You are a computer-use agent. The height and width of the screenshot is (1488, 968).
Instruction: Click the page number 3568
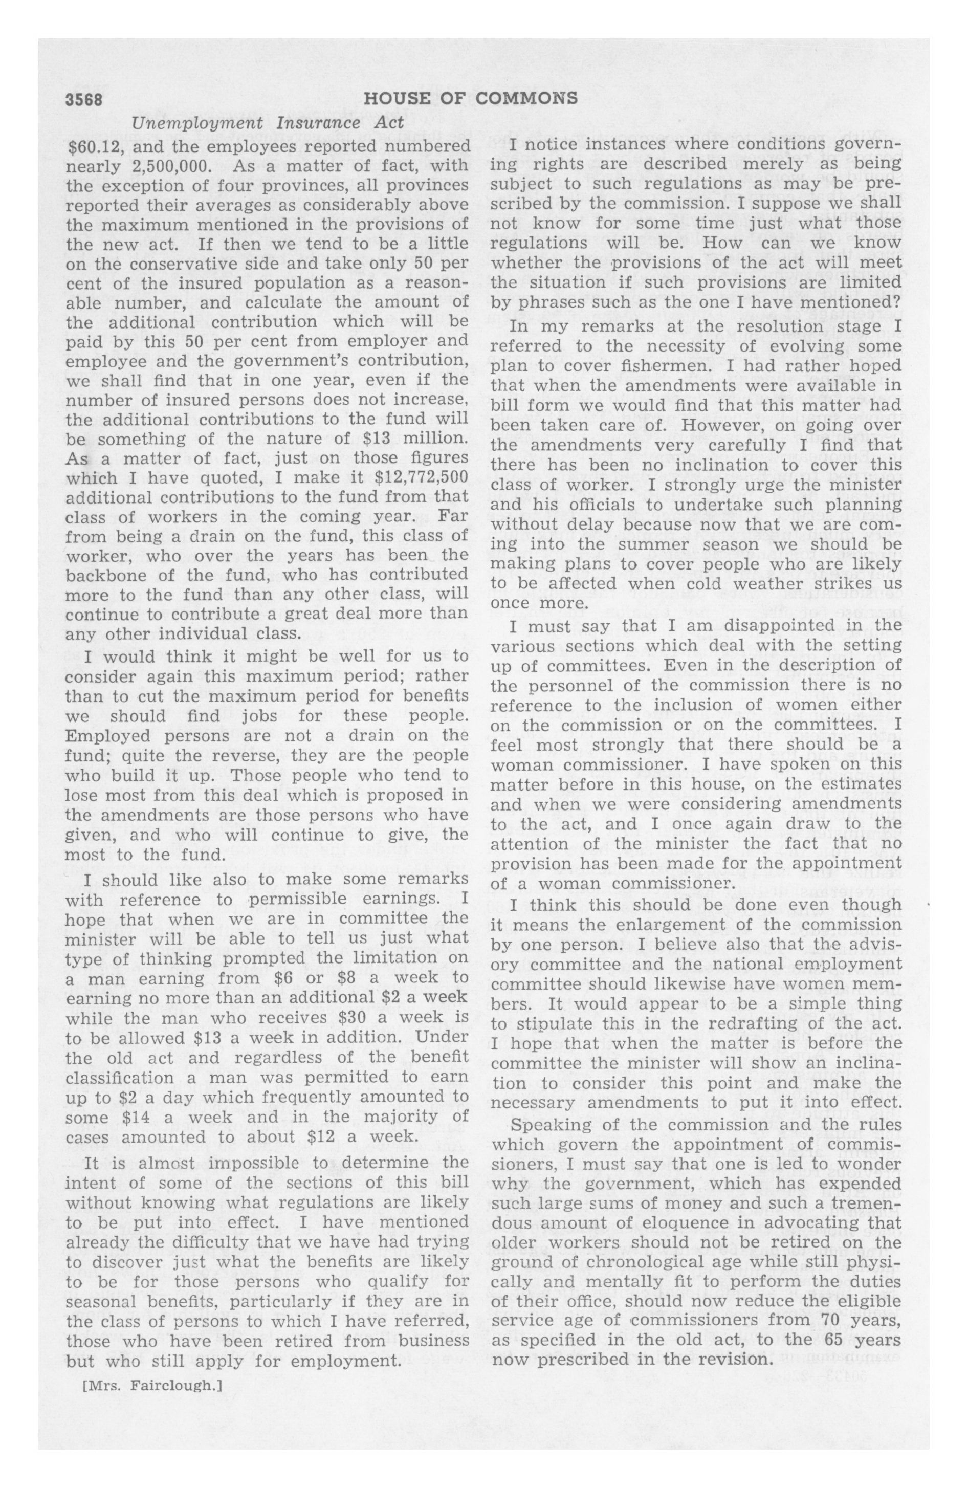pyautogui.click(x=84, y=99)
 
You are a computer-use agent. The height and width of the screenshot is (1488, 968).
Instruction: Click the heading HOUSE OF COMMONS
pyautogui.click(x=470, y=99)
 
